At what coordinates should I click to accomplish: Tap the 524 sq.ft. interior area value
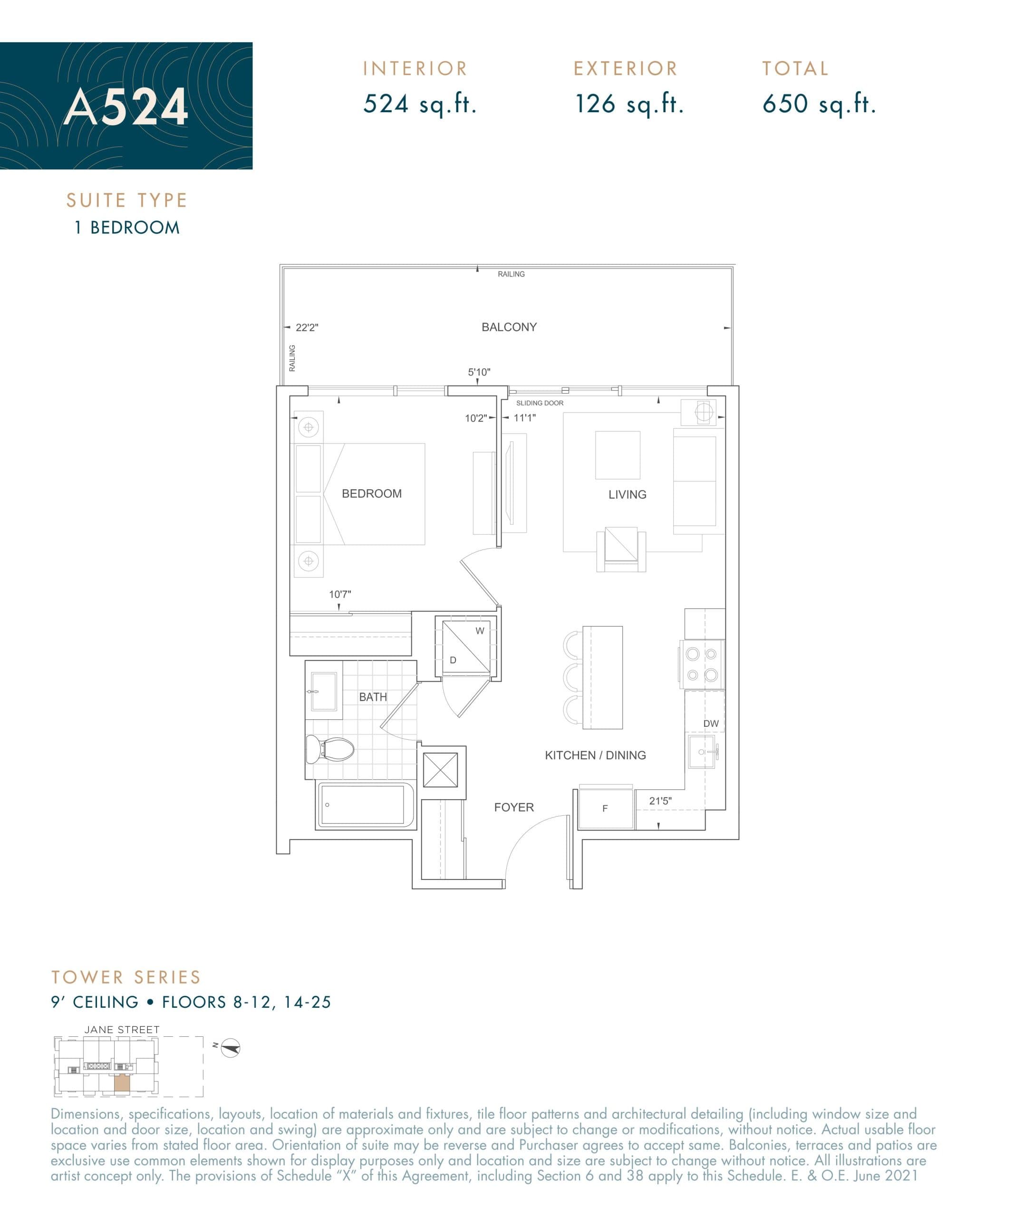(x=419, y=104)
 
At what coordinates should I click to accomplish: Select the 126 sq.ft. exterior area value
(x=628, y=104)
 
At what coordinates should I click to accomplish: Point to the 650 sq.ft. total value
(x=819, y=104)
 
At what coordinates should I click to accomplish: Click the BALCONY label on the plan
(x=509, y=328)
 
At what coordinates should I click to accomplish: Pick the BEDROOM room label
(x=371, y=494)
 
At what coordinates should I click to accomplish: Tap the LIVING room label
(x=627, y=494)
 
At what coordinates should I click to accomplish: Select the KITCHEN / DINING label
(x=595, y=755)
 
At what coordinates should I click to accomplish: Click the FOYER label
(x=513, y=807)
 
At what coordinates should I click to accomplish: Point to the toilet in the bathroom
(x=330, y=749)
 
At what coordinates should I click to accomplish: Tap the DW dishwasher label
(x=710, y=724)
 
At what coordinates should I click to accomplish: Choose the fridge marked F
(x=605, y=809)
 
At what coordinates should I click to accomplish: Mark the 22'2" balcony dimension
(x=307, y=328)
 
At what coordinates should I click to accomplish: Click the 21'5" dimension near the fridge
(x=660, y=801)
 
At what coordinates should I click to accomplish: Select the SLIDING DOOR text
(x=540, y=403)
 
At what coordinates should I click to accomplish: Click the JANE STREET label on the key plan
(x=122, y=1030)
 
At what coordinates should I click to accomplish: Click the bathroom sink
(x=323, y=691)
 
